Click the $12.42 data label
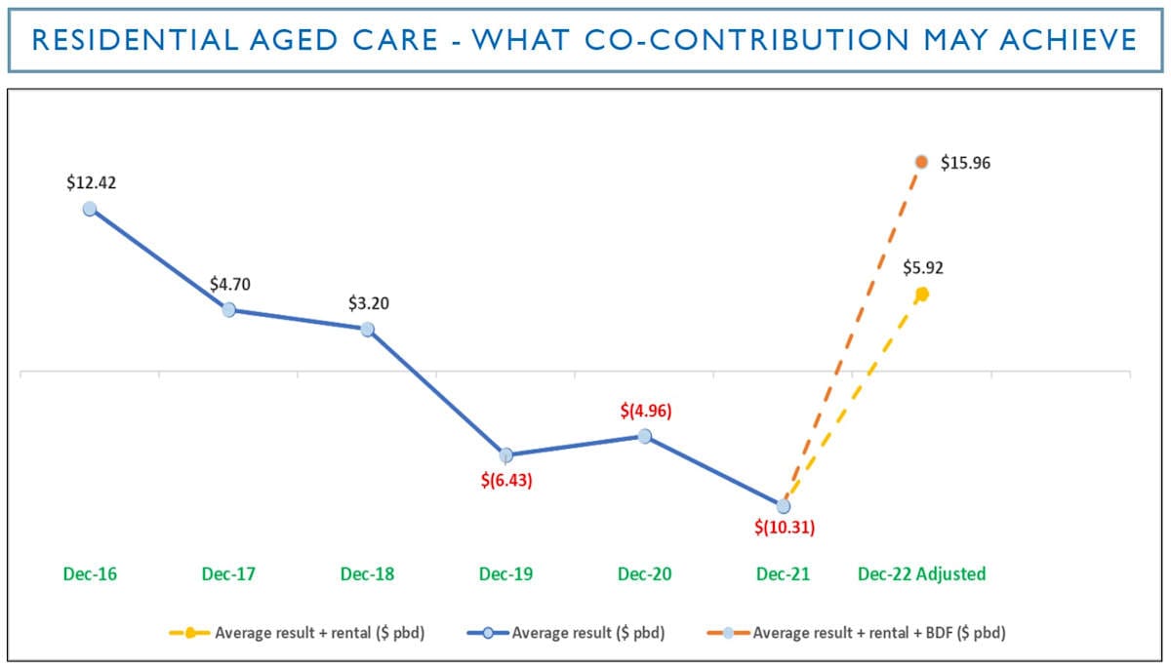91,182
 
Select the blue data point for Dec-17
228,309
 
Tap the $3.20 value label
369,303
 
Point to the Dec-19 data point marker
505,454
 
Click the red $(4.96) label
646,411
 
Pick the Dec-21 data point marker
783,506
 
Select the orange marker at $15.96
921,162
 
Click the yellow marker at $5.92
921,293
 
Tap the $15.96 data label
965,163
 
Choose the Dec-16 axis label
91,573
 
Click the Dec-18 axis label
368,573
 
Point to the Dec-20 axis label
645,573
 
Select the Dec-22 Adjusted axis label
921,573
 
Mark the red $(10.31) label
784,528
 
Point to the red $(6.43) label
506,481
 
